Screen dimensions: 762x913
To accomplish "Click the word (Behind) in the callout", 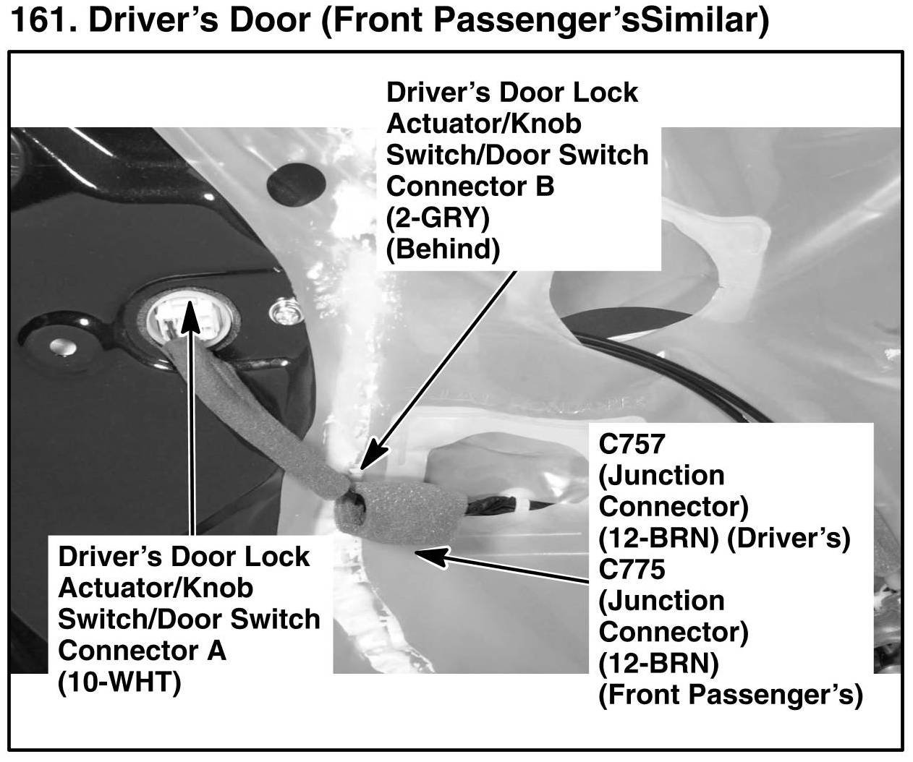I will pyautogui.click(x=443, y=249).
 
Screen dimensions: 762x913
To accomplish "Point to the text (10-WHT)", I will pyautogui.click(x=119, y=682).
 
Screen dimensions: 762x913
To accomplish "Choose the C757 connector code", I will pyautogui.click(x=631, y=444).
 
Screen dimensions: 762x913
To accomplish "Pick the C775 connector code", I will pyautogui.click(x=631, y=570).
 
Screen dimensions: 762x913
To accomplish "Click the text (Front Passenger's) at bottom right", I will pyautogui.click(x=731, y=695).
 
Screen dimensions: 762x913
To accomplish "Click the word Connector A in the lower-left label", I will pyautogui.click(x=142, y=650).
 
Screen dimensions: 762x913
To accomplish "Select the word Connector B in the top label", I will pyautogui.click(x=470, y=186).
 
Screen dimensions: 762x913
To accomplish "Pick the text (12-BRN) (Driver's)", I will pyautogui.click(x=724, y=539).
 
